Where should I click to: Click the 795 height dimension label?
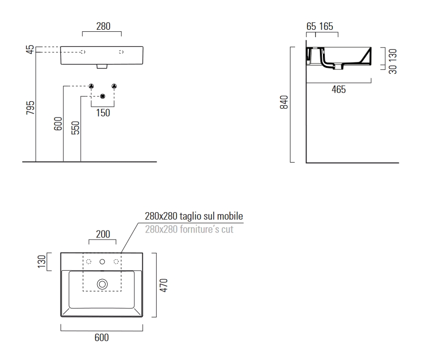pyautogui.click(x=30, y=108)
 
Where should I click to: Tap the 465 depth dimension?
pyautogui.click(x=339, y=90)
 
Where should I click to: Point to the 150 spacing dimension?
pyautogui.click(x=103, y=113)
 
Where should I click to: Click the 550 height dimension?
pyautogui.click(x=75, y=127)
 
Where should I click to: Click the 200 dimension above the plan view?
pyautogui.click(x=103, y=234)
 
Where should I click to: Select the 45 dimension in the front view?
pyautogui.click(x=30, y=50)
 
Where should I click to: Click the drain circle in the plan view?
pyautogui.click(x=102, y=284)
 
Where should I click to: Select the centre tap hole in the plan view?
pyautogui.click(x=102, y=261)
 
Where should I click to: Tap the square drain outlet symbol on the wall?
pyautogui.click(x=103, y=96)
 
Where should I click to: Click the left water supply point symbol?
pyautogui.click(x=91, y=86)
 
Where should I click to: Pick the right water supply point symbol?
pyautogui.click(x=115, y=86)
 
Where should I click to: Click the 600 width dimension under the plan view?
pyautogui.click(x=102, y=338)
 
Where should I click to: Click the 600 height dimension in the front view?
pyautogui.click(x=58, y=124)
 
